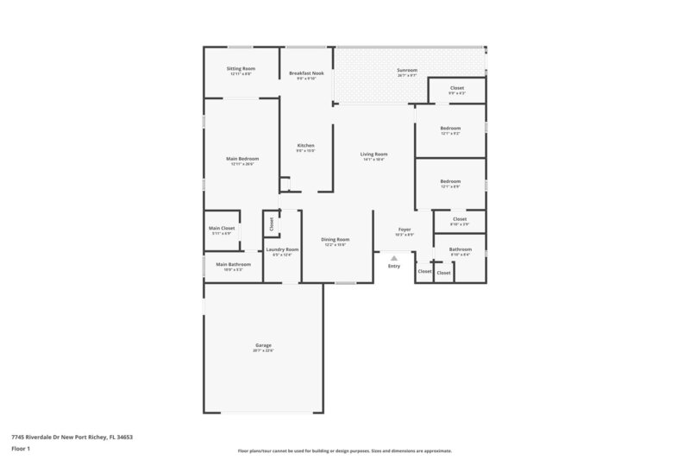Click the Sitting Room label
point(241,68)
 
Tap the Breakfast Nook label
point(306,73)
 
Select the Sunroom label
point(407,69)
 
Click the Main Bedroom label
point(242,159)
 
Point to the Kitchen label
point(306,145)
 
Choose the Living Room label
point(374,154)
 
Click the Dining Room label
point(336,239)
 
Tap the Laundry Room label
point(282,249)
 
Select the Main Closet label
point(222,228)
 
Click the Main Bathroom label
point(233,264)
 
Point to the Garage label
point(263,344)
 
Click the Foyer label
point(405,230)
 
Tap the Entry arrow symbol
point(394,257)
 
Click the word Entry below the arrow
point(394,266)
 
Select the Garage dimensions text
point(263,350)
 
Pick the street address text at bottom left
point(72,437)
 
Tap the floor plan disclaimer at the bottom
point(345,451)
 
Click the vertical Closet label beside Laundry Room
point(271,224)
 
